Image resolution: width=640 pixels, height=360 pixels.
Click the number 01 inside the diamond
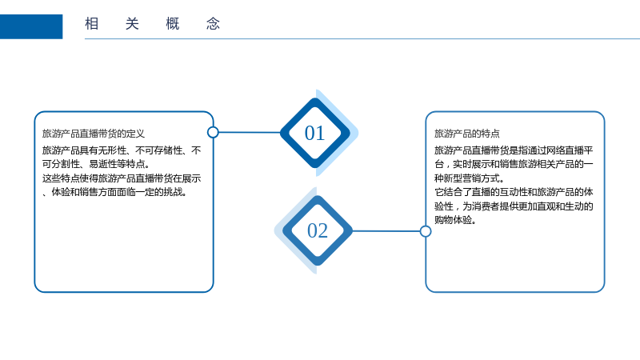pos(314,133)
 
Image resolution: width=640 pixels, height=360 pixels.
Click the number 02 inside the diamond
pos(318,230)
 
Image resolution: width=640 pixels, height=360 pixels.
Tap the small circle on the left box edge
pos(213,132)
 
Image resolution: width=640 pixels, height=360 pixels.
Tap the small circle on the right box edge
pos(426,231)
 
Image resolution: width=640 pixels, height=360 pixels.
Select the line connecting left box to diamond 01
pos(250,132)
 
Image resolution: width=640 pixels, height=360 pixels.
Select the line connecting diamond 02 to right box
pos(386,231)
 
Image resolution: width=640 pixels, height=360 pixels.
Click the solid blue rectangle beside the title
pos(31,26)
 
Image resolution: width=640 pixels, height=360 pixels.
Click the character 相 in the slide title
pos(92,24)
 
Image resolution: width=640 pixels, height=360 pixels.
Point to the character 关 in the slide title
pos(132,24)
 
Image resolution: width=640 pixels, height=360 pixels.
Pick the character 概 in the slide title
pos(173,24)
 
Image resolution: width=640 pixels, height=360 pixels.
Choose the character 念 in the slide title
pos(213,24)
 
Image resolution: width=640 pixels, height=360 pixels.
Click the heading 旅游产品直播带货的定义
pos(94,134)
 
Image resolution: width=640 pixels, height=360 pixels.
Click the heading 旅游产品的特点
pos(467,134)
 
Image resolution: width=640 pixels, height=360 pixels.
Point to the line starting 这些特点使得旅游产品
pos(122,178)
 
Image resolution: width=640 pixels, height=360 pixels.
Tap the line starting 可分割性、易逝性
pos(97,164)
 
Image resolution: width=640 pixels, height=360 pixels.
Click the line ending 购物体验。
pos(455,220)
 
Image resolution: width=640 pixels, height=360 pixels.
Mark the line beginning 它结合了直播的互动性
pos(514,192)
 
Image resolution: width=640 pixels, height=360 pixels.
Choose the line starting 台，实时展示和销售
pos(514,164)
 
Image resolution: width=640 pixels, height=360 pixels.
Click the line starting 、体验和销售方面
pos(115,192)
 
